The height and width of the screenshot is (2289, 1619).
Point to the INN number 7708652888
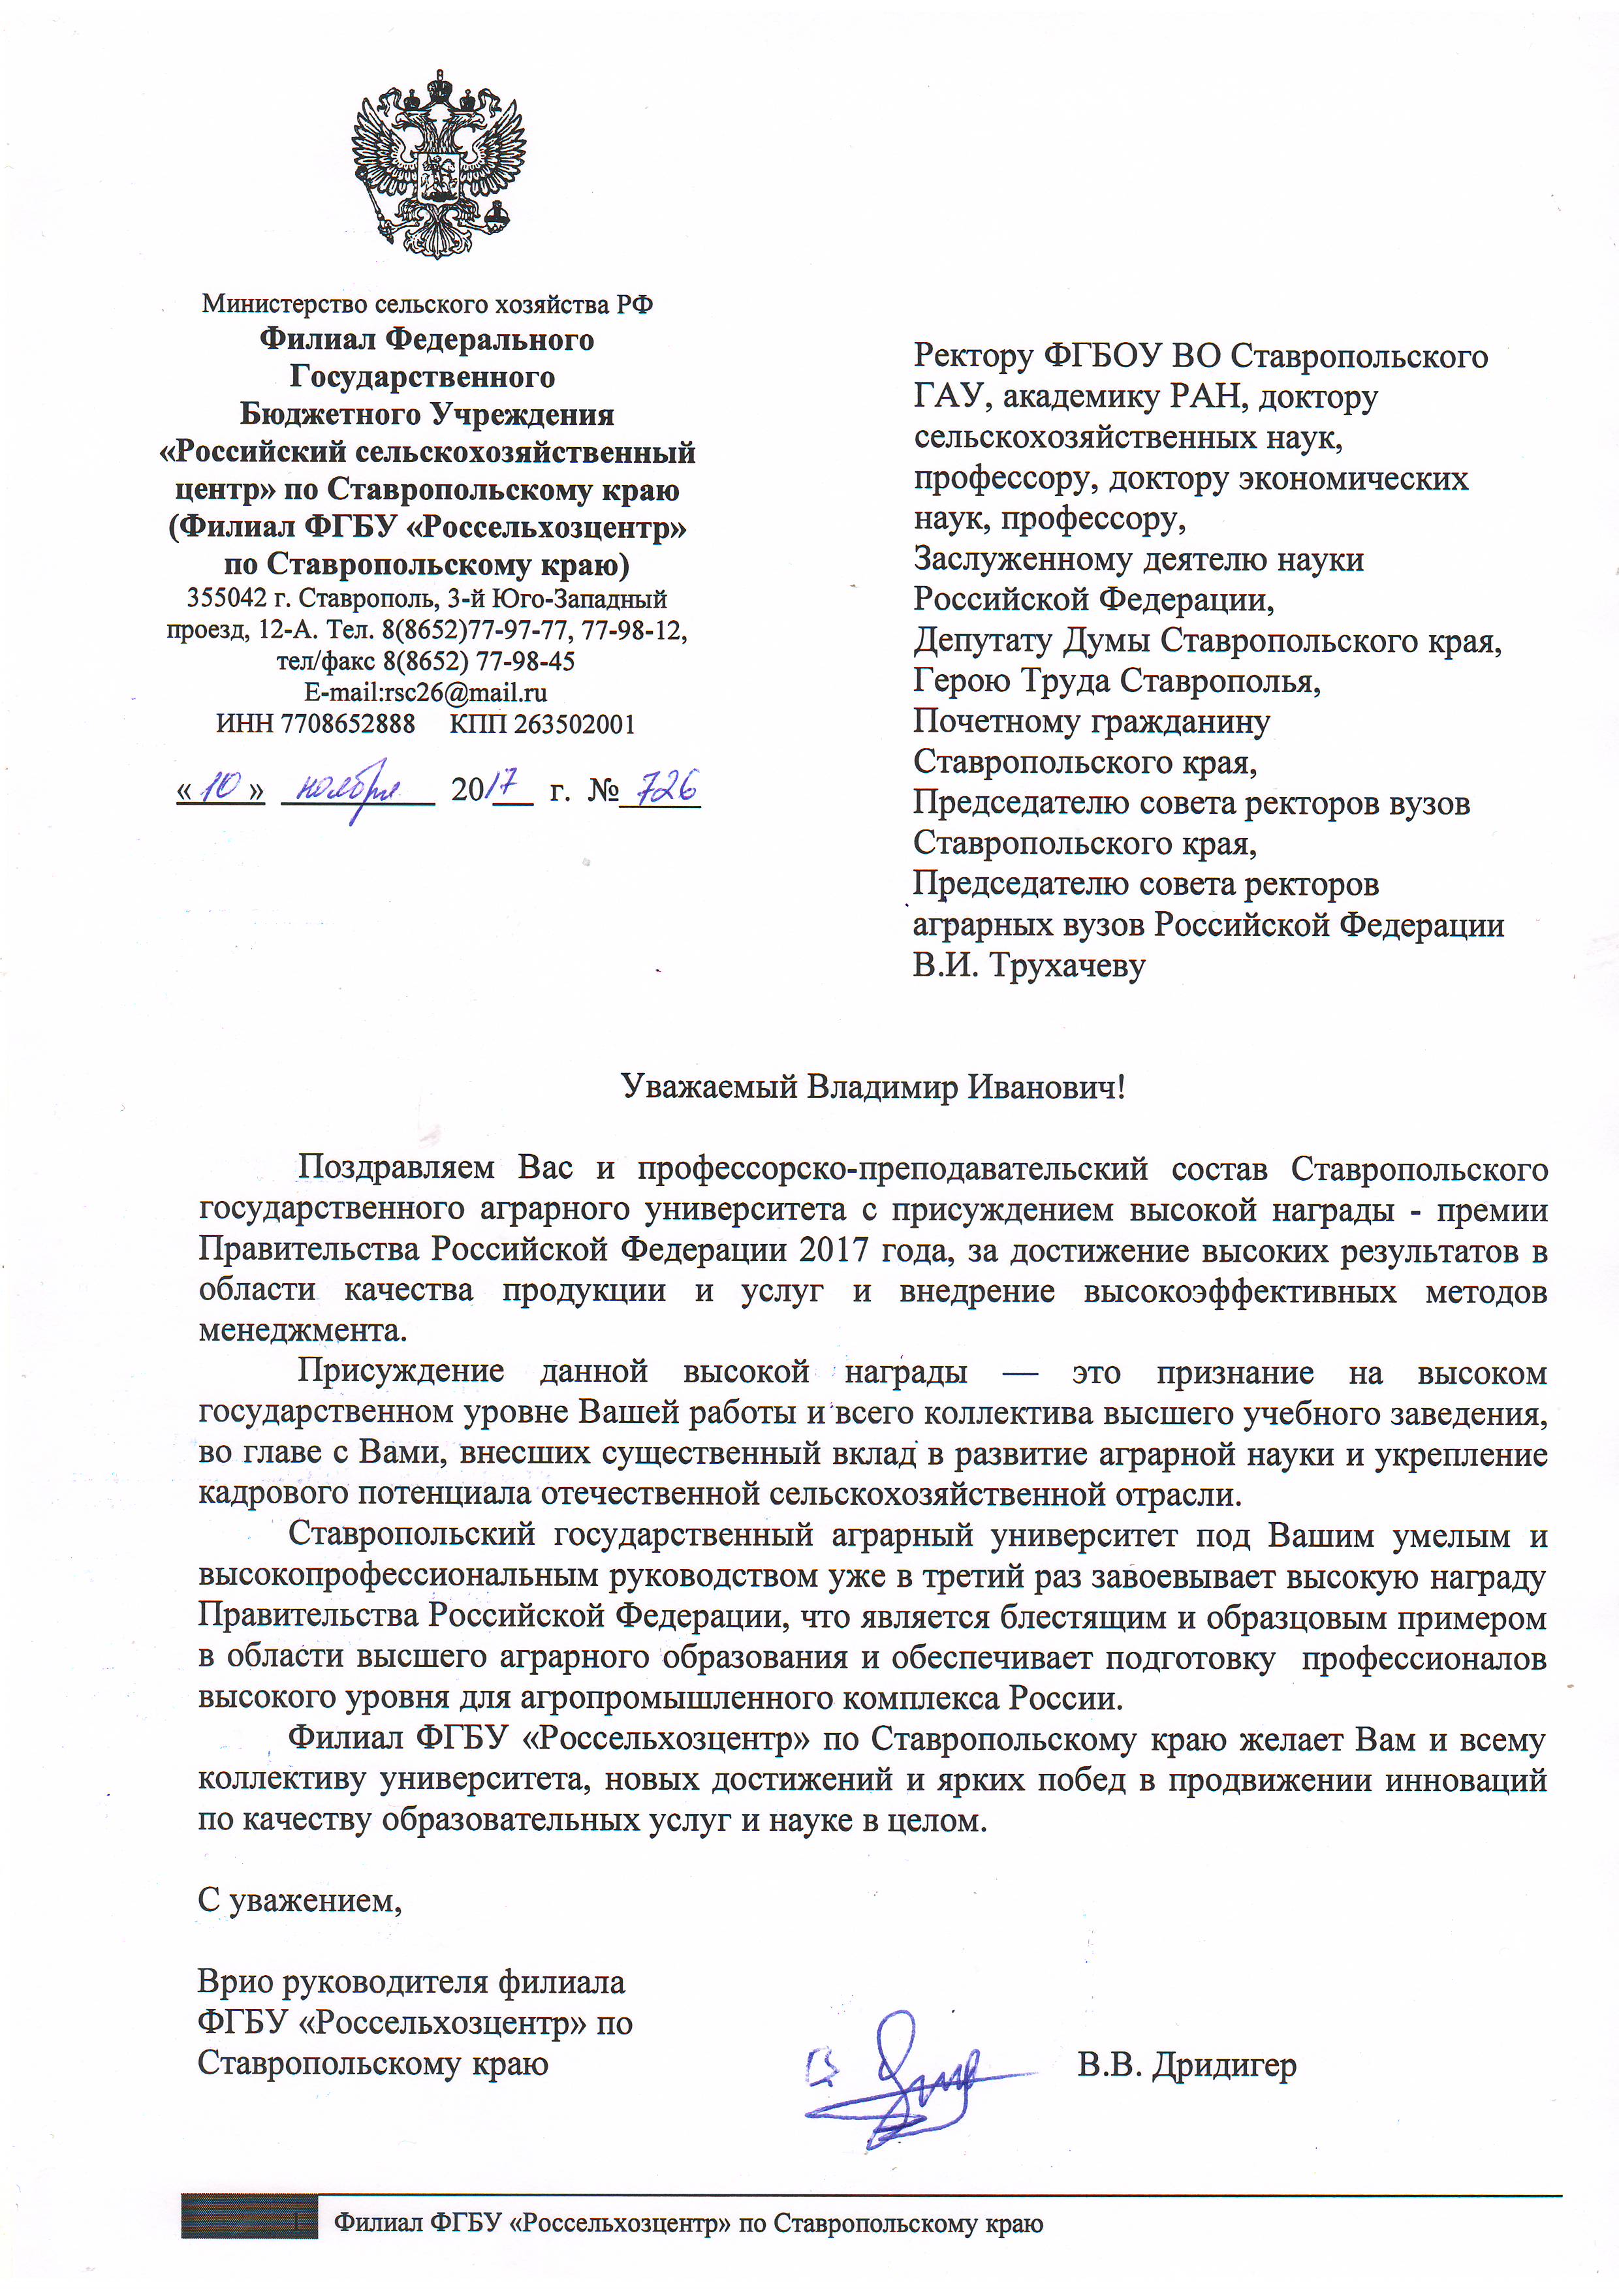click(348, 724)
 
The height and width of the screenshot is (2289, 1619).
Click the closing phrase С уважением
click(299, 1900)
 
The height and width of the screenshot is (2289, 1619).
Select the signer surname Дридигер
click(1224, 2066)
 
